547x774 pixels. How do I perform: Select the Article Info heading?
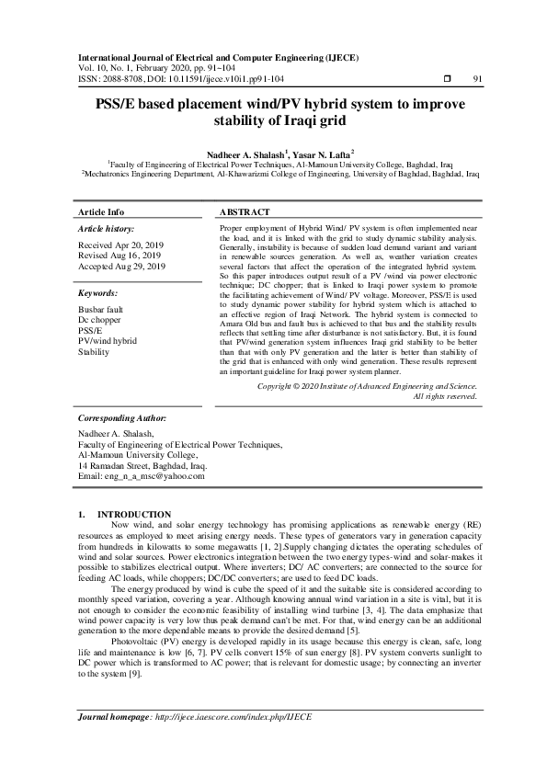point(101,211)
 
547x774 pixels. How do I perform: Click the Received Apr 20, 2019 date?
point(121,245)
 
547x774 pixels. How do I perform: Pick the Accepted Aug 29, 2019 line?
point(122,266)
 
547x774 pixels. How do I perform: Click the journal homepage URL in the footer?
point(234,741)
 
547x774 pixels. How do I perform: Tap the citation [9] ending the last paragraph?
point(134,674)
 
